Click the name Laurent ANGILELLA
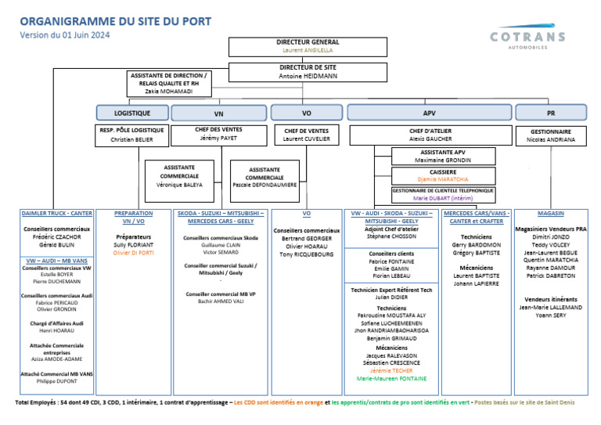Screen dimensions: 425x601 click(x=308, y=50)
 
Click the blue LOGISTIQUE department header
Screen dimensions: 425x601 click(x=131, y=113)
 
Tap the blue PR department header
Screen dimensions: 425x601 click(x=551, y=113)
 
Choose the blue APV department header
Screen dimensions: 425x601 click(x=429, y=113)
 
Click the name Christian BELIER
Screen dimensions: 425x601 click(x=131, y=139)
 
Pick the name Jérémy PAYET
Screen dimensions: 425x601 click(x=218, y=138)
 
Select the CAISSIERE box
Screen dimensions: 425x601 click(x=443, y=175)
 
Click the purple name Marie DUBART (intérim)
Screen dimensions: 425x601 click(x=443, y=198)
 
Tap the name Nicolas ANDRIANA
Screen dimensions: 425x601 click(x=551, y=140)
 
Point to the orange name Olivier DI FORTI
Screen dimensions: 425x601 click(x=134, y=253)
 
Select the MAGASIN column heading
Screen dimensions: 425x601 click(x=551, y=213)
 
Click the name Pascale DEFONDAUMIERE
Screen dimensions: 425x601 click(x=265, y=185)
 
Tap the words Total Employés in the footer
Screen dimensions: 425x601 click(x=37, y=403)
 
